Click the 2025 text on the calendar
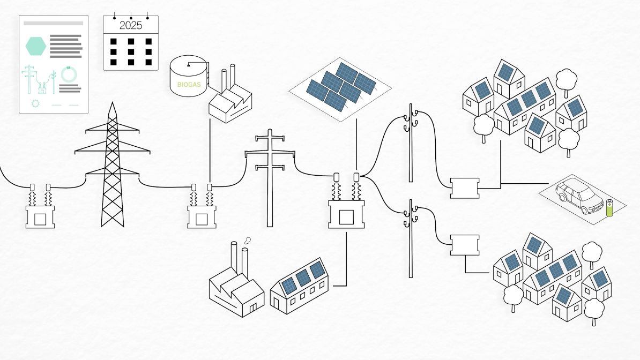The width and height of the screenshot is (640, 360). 131,25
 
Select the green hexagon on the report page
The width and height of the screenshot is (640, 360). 36,46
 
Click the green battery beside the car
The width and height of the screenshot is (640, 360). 609,208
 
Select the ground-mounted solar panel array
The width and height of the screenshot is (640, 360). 341,86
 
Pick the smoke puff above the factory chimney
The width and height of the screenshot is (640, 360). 247,241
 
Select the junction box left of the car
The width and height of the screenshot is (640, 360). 464,188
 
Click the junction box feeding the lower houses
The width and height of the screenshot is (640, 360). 464,245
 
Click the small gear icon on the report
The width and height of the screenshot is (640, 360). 36,103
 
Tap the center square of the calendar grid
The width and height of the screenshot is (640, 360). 131,52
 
